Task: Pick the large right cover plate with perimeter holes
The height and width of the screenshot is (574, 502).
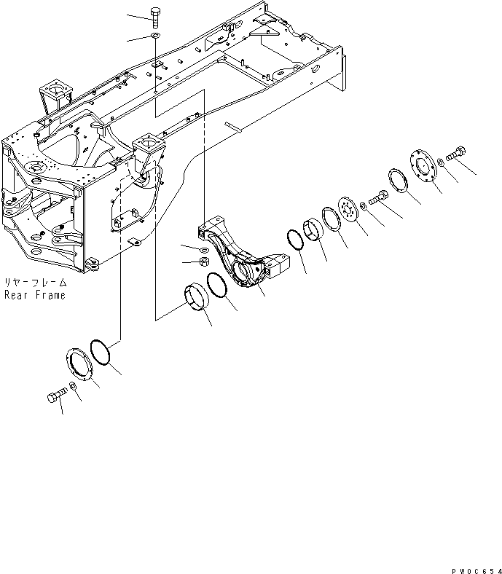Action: (x=420, y=165)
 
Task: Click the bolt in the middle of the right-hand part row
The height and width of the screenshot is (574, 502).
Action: (x=379, y=197)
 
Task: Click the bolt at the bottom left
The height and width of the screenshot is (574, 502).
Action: (x=55, y=396)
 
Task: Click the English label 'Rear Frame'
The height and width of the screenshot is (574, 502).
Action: (x=34, y=295)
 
